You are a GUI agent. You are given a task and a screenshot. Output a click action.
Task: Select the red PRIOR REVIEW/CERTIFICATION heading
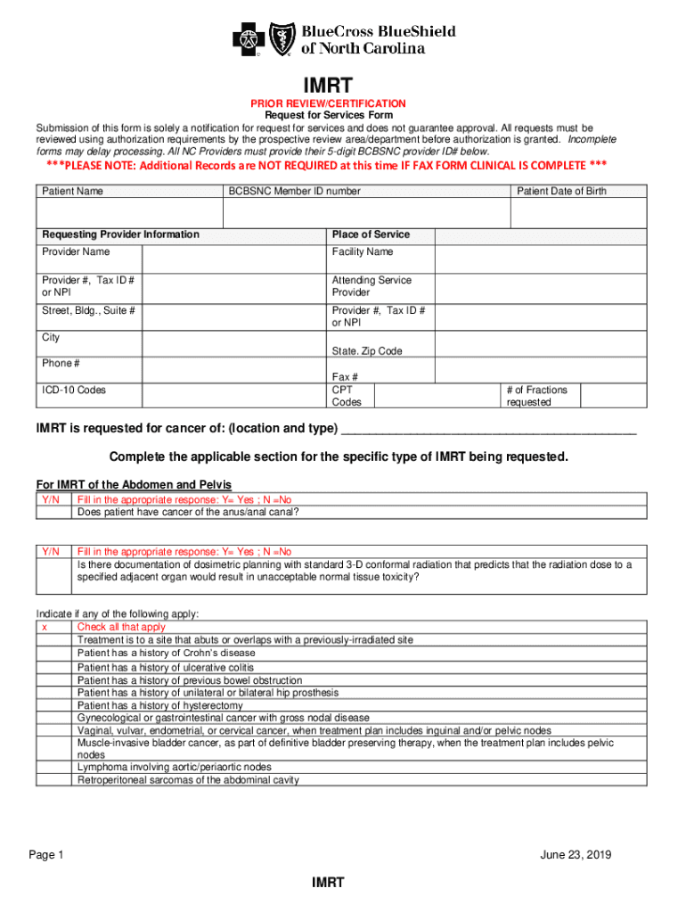coord(327,104)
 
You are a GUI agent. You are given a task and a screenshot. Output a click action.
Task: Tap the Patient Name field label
coord(72,192)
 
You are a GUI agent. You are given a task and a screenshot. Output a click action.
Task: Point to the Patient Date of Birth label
coord(562,192)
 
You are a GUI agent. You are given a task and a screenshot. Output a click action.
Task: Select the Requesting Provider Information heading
coord(121,234)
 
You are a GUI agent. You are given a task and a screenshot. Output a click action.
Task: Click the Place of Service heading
coord(371,234)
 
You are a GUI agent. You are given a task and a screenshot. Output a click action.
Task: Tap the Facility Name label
coord(363,252)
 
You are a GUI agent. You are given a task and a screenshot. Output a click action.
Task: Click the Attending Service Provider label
coord(372,286)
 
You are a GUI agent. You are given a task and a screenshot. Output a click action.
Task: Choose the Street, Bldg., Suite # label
coord(89,311)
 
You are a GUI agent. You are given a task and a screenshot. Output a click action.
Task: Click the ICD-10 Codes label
coord(79,390)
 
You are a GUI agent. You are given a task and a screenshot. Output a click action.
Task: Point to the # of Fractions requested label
coord(536,396)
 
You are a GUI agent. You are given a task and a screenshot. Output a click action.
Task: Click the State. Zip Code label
coord(367,351)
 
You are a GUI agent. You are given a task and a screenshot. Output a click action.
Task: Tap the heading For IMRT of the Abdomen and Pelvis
coord(134,484)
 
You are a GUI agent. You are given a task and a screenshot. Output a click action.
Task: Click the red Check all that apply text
coord(121,628)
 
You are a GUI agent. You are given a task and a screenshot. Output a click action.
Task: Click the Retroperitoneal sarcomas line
coord(188,780)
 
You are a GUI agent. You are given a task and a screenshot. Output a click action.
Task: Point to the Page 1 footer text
coord(46,856)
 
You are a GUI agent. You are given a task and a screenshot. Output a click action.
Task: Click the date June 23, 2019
coord(576,856)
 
